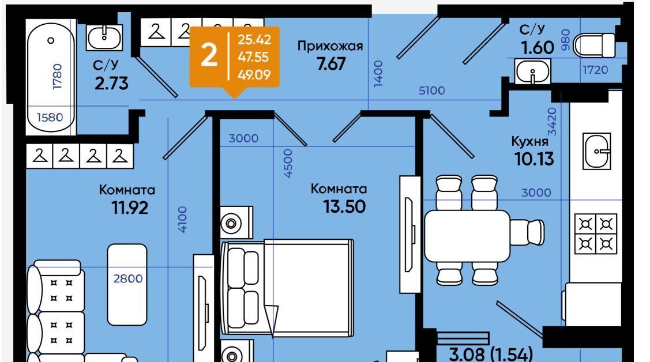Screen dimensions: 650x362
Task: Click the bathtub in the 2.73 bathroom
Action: [51, 77]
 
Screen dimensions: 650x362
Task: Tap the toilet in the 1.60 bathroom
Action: [593, 45]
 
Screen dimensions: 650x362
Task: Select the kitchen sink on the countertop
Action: [596, 151]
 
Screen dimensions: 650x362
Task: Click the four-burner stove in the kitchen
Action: [596, 234]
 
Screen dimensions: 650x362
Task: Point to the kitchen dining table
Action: [467, 236]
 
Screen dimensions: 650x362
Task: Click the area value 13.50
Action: [344, 206]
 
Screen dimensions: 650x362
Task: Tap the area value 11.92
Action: [130, 208]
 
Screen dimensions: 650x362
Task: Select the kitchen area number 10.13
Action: [534, 159]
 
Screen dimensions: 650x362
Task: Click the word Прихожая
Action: [330, 46]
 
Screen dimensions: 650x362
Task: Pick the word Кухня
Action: [530, 142]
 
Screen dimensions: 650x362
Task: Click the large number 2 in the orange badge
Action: [209, 55]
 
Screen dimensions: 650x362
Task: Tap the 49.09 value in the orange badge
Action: [254, 74]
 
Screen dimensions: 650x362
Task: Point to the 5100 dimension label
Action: [431, 90]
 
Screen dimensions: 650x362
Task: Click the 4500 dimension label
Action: [288, 164]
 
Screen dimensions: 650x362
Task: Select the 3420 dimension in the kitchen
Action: [552, 122]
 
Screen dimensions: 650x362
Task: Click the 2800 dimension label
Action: [127, 279]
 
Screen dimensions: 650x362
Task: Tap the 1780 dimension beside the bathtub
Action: [57, 77]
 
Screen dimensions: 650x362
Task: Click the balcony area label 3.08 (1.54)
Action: [491, 355]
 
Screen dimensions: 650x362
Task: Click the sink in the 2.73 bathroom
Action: [104, 37]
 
